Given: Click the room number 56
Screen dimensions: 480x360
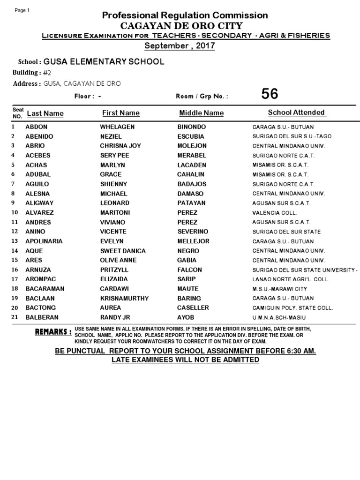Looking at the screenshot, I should [270, 94].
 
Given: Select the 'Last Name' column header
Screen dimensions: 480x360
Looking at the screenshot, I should [45, 113].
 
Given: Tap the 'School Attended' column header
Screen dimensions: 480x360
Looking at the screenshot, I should [296, 112].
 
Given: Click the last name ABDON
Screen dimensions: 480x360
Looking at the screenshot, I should [36, 127].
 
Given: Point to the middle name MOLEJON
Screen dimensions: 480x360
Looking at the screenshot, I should [192, 146].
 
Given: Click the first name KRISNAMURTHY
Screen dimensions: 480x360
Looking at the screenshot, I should [124, 298].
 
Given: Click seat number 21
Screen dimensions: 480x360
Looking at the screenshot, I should [14, 317].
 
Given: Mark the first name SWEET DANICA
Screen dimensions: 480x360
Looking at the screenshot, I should [123, 251].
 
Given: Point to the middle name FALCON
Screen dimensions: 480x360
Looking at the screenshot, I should [189, 270].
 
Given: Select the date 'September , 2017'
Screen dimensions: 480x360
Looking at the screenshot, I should [180, 45].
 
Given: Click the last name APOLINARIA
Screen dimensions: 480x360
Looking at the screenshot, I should [44, 241].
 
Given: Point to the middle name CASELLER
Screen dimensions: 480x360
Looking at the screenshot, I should [193, 307].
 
